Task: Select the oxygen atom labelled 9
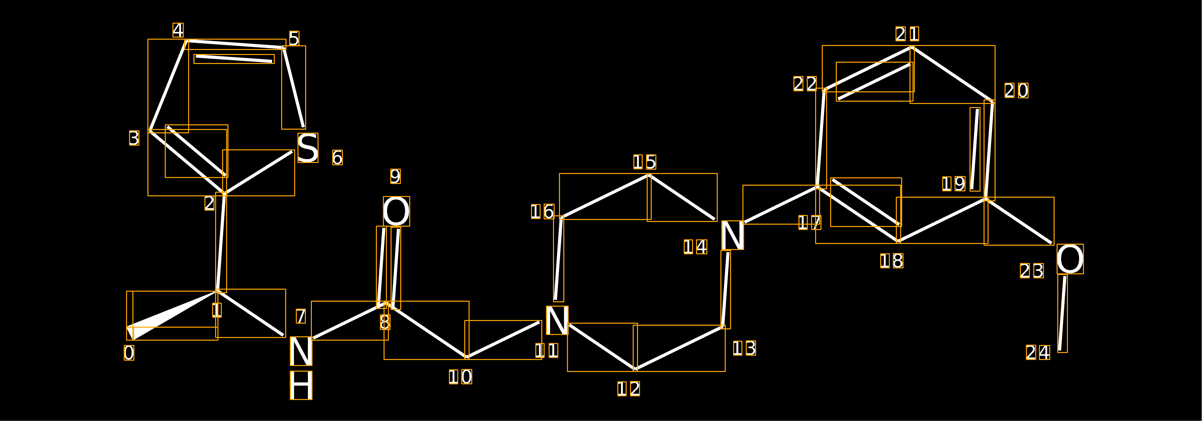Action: click(396, 211)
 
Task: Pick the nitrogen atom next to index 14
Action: click(733, 235)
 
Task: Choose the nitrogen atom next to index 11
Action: click(557, 320)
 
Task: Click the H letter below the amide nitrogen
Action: click(301, 385)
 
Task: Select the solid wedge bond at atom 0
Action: click(172, 316)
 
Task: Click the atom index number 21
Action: click(907, 34)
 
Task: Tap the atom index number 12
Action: click(629, 389)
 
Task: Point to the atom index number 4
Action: click(178, 30)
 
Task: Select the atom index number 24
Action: click(1038, 352)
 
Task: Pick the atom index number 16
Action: click(542, 212)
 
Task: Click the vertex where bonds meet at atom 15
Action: click(649, 175)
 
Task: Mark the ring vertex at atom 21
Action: click(912, 47)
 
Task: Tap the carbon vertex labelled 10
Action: click(467, 358)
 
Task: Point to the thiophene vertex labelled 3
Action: click(149, 131)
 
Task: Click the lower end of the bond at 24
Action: click(1060, 350)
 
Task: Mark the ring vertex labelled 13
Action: click(723, 326)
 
